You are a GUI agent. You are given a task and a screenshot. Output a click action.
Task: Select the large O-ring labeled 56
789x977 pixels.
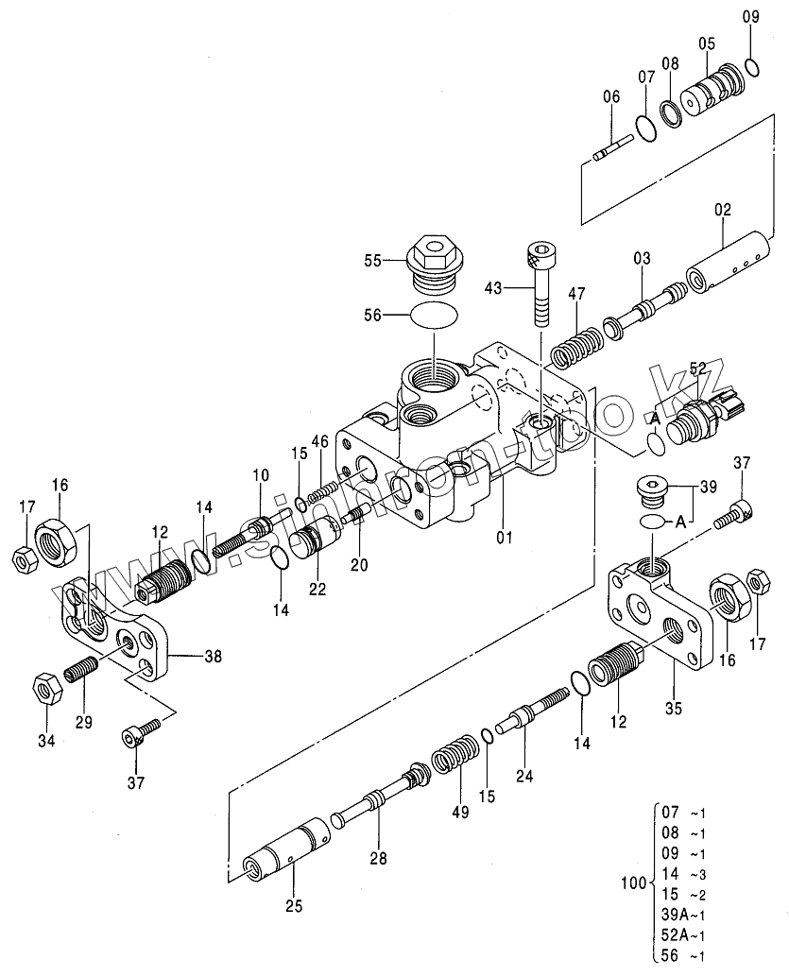pos(434,315)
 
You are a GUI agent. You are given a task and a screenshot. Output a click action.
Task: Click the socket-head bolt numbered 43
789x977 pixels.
pos(540,283)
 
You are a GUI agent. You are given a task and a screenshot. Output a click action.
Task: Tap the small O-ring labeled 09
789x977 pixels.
pos(751,66)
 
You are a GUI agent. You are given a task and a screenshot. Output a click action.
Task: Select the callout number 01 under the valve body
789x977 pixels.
pos(504,538)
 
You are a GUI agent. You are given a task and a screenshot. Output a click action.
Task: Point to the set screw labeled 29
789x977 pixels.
pos(82,675)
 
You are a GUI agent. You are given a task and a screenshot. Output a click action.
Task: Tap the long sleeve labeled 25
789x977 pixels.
pos(285,849)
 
